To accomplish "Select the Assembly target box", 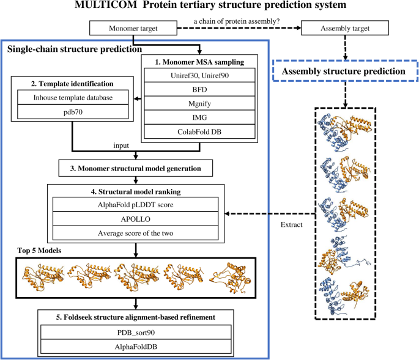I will [x=346, y=28].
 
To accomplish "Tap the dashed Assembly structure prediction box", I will [x=347, y=72].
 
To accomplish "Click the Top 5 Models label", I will [x=38, y=250].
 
